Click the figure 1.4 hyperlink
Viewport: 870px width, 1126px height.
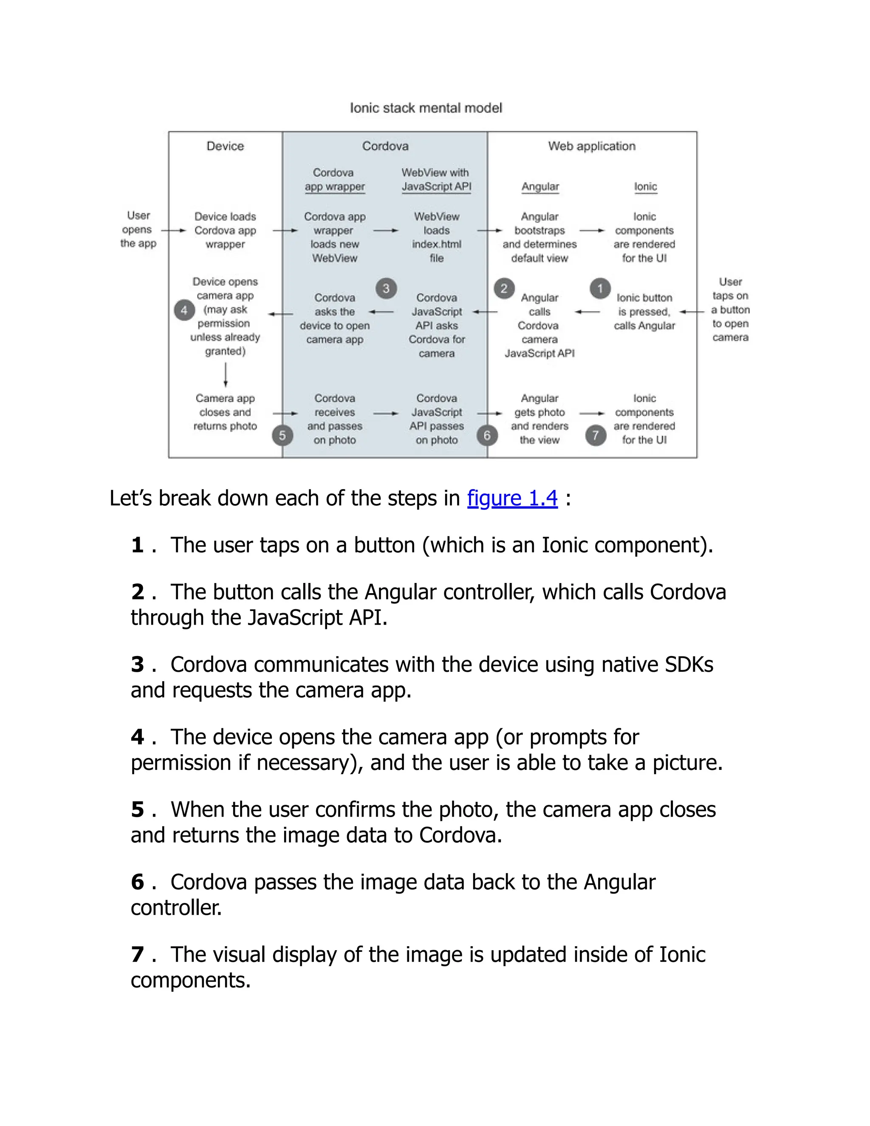coord(512,498)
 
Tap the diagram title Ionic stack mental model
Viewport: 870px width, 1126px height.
coord(426,108)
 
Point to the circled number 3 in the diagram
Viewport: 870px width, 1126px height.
coord(386,288)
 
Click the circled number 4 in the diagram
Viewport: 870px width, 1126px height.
coord(184,310)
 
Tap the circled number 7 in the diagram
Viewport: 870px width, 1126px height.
coord(596,436)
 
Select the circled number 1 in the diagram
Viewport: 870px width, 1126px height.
coord(600,288)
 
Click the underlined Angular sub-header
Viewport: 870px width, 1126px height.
coord(540,187)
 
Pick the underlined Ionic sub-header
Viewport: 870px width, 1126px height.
coord(645,187)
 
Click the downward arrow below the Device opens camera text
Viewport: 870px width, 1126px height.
coord(226,374)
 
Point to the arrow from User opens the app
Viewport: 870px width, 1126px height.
coord(173,230)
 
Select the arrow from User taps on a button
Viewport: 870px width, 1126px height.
coord(692,311)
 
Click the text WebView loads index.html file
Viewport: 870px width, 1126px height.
coord(437,237)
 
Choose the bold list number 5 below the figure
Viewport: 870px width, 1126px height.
coord(137,809)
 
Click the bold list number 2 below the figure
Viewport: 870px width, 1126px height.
coord(137,592)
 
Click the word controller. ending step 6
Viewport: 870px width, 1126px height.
coord(176,908)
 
